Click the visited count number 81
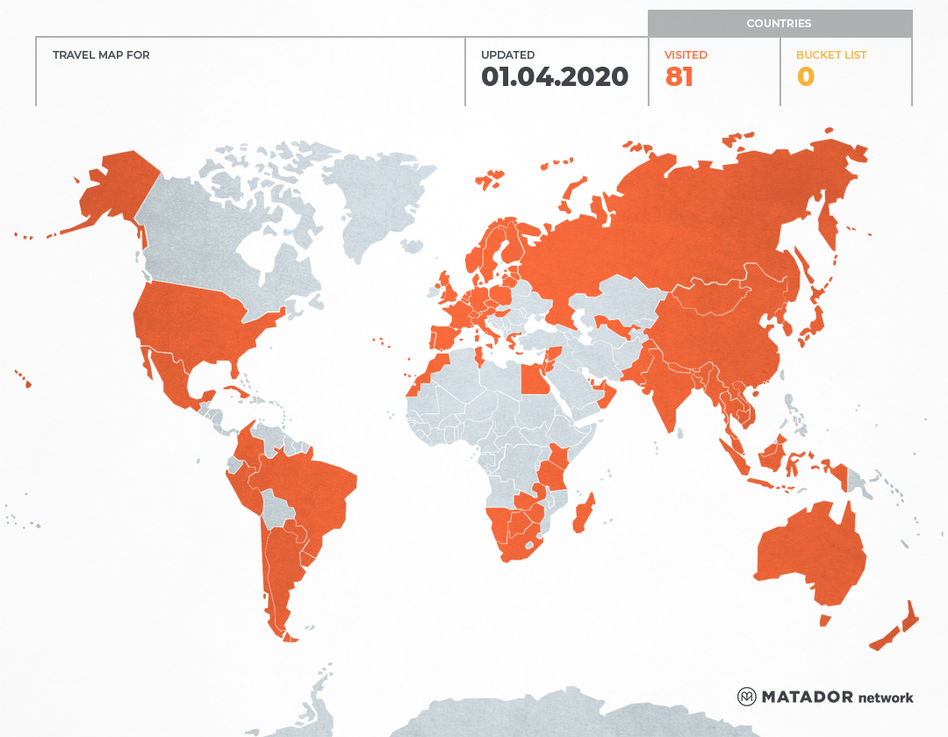tap(679, 77)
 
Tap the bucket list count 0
tap(805, 77)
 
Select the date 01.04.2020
tap(555, 77)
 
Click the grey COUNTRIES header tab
tap(779, 24)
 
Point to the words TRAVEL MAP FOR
tap(101, 55)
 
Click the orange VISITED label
tap(686, 55)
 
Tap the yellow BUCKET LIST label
tap(830, 55)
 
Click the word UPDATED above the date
tap(507, 55)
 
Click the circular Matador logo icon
tap(746, 697)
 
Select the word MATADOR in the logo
tap(807, 697)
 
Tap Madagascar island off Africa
tap(584, 514)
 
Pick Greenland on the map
tap(377, 202)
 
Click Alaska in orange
tap(114, 189)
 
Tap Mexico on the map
tap(176, 377)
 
